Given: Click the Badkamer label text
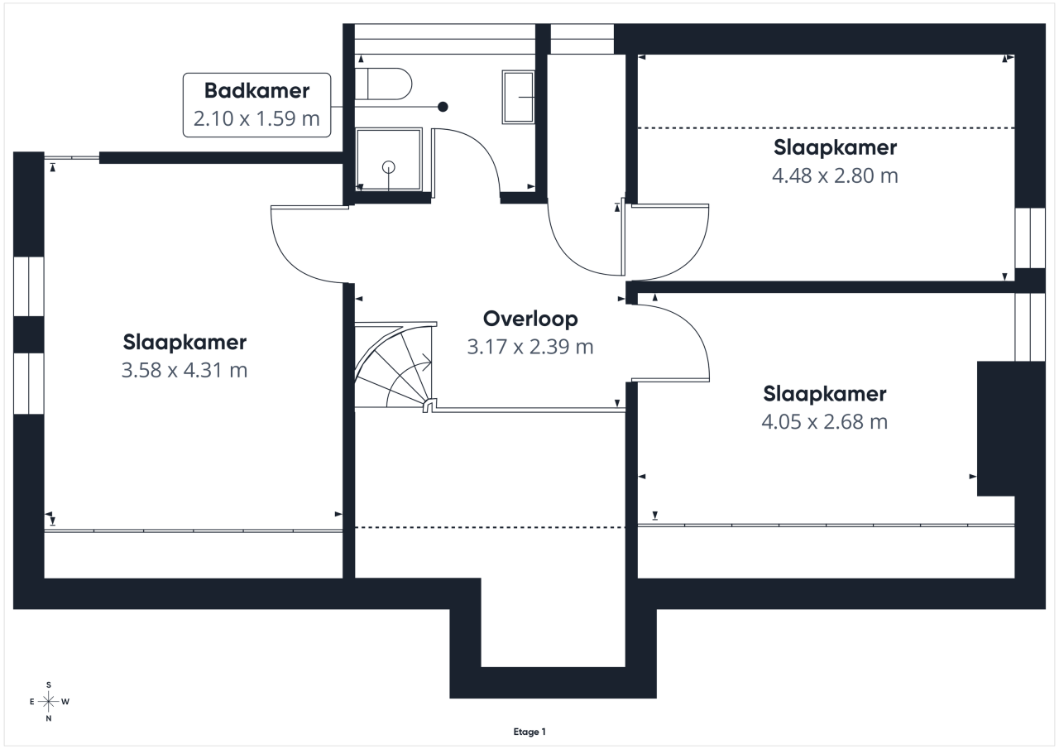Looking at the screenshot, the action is click(256, 90).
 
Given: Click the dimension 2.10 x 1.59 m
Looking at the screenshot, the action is click(256, 118).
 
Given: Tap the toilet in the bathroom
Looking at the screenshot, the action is click(383, 84).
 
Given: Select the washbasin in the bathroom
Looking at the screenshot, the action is click(518, 97).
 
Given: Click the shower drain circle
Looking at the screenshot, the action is click(389, 167).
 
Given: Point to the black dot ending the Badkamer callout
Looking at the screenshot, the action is click(443, 107).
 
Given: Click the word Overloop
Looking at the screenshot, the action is click(530, 319).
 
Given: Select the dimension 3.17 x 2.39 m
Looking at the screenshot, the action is click(530, 347).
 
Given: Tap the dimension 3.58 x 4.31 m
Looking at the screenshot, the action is click(184, 370).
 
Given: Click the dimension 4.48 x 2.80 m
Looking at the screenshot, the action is click(835, 175).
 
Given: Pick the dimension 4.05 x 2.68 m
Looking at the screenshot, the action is click(825, 421).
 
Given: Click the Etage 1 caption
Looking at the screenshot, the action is click(529, 732).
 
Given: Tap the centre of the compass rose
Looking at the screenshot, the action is click(48, 701).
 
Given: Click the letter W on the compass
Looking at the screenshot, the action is click(65, 702).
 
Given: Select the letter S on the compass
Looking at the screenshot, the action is click(49, 684).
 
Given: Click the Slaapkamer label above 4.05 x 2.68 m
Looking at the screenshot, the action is click(825, 394).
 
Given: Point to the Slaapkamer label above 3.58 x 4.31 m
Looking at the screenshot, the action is click(184, 343).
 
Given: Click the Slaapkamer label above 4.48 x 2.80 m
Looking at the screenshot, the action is click(835, 147).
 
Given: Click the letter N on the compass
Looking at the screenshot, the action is click(49, 718).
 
